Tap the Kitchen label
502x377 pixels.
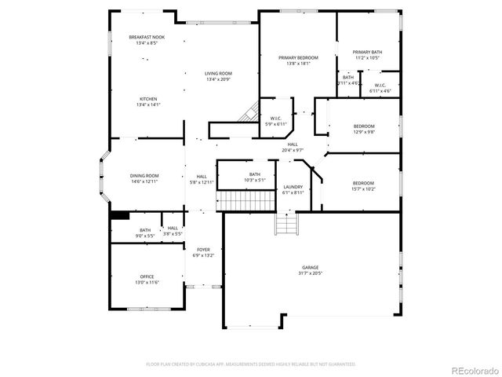[x=148, y=101]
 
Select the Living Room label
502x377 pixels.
[x=219, y=76]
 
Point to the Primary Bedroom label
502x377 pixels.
[x=297, y=60]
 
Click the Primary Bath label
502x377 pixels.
[x=367, y=54]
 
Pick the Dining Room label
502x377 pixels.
[x=144, y=178]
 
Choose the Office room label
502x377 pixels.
[x=147, y=279]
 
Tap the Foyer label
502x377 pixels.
[x=203, y=252]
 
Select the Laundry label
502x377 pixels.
[x=292, y=189]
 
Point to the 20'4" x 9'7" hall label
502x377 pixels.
[x=293, y=147]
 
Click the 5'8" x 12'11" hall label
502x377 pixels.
[x=202, y=178]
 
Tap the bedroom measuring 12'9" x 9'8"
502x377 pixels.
[x=364, y=129]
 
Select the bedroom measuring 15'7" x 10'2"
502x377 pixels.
[x=364, y=185]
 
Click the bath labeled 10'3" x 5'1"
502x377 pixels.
[x=255, y=177]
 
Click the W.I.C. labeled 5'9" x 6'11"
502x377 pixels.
[x=276, y=121]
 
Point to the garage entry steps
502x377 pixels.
[x=286, y=225]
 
